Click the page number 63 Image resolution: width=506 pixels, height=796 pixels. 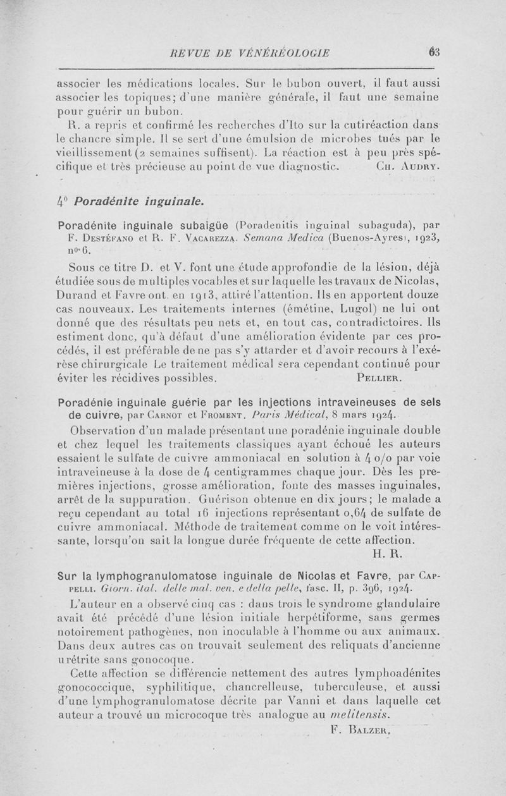433,52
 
